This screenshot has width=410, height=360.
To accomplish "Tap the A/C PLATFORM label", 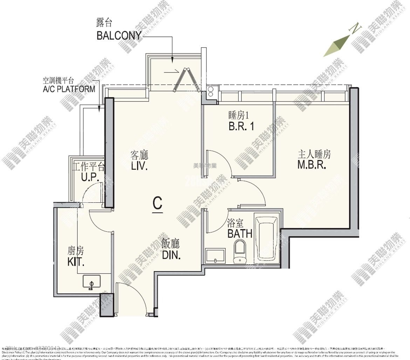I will (69, 89).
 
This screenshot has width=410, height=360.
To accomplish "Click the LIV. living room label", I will (139, 166).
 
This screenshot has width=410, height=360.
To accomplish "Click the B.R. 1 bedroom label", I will (241, 126).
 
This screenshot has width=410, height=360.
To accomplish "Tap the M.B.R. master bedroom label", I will (312, 165).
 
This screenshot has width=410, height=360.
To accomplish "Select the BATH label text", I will (240, 233).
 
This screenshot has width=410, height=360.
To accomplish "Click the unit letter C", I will (157, 203).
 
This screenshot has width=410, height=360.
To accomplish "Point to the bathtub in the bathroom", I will (267, 239).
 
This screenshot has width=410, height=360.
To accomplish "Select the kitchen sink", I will (91, 282).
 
